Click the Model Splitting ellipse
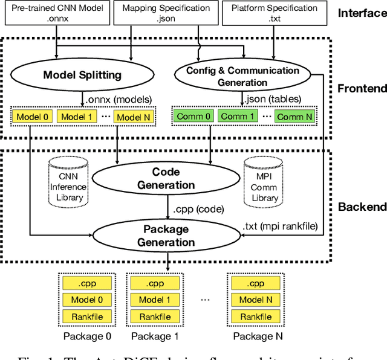coord(82,75)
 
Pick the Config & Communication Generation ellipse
coord(242,76)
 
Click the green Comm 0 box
coord(193,116)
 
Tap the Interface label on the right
coord(362,13)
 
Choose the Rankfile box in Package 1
coord(155,317)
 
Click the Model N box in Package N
coord(256,300)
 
